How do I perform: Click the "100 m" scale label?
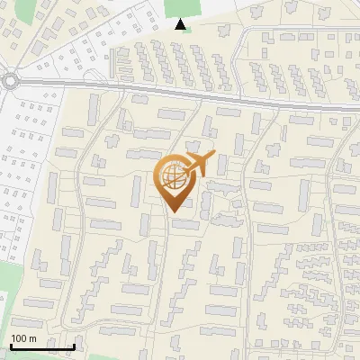[23, 338]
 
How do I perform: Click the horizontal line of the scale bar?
[41, 346]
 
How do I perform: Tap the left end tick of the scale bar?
[10, 344]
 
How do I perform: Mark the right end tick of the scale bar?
[74, 344]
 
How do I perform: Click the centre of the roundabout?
[10, 81]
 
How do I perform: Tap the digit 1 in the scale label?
[13, 338]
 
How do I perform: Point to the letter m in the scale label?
[34, 338]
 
